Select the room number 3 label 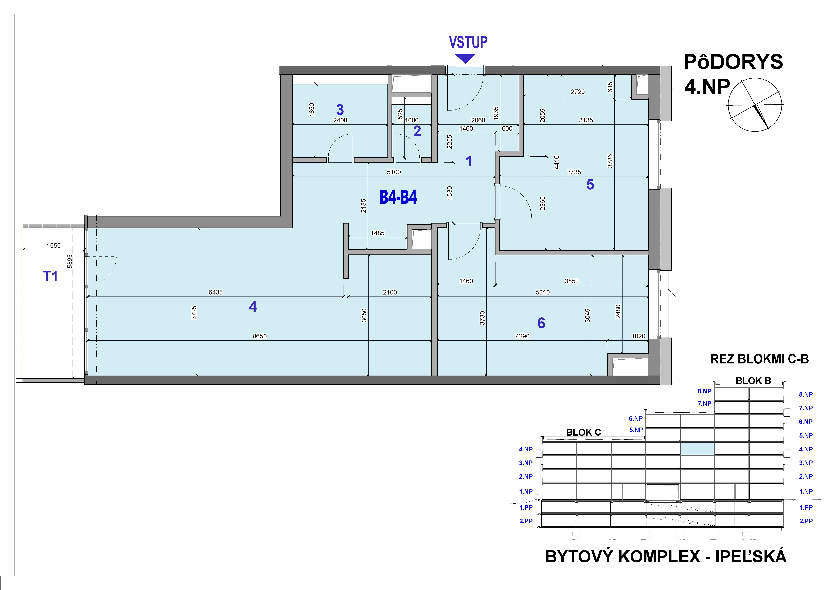pos(340,109)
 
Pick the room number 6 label pos(541,323)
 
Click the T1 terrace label pos(50,277)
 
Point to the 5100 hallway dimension pos(394,172)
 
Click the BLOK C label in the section pos(583,432)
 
